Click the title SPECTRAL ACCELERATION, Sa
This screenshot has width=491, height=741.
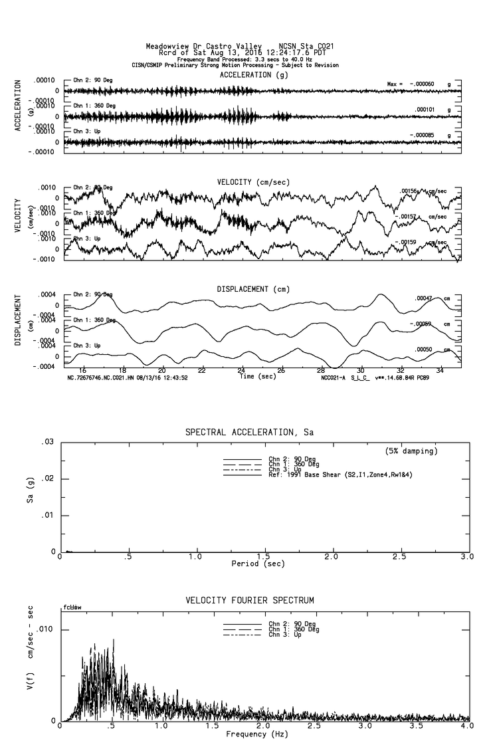(x=249, y=433)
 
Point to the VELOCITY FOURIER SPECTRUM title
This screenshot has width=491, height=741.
(x=249, y=601)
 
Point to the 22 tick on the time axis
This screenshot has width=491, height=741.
(x=201, y=371)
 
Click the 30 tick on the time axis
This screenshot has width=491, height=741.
(x=360, y=371)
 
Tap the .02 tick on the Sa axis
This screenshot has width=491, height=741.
(x=48, y=479)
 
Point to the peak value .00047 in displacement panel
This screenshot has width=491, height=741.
(x=425, y=298)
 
